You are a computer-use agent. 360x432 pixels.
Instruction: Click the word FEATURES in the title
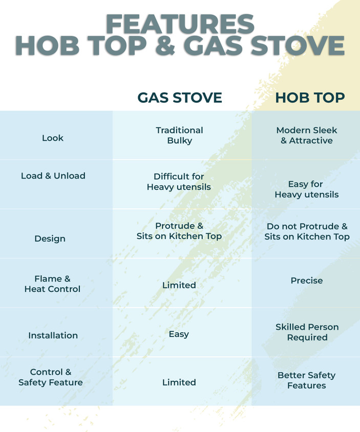click(180, 24)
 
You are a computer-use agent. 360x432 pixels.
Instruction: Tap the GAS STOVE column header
click(180, 97)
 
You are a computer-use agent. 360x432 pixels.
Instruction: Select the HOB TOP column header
click(310, 97)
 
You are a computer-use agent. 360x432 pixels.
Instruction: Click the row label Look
click(53, 138)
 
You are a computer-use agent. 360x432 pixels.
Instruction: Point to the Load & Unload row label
click(53, 176)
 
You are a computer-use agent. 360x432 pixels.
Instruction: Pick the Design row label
click(50, 239)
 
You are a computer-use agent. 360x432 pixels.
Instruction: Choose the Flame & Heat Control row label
click(52, 284)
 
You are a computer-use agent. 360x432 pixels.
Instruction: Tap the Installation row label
click(53, 335)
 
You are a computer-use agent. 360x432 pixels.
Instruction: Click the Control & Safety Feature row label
click(51, 377)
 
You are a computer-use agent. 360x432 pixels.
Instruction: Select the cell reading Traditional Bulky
click(179, 135)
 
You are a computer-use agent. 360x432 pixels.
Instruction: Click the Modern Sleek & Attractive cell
click(307, 135)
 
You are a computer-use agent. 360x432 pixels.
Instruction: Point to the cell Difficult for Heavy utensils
click(179, 182)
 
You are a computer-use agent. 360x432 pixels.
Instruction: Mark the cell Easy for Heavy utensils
click(306, 189)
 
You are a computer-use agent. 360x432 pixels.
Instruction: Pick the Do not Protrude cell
click(307, 231)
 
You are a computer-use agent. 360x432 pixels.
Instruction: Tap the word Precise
click(307, 280)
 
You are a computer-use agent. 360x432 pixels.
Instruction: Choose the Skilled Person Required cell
click(307, 332)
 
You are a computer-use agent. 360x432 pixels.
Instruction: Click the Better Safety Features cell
click(306, 380)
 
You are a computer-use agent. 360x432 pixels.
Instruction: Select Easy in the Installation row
click(179, 334)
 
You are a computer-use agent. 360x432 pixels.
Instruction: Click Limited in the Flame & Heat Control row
click(179, 285)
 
